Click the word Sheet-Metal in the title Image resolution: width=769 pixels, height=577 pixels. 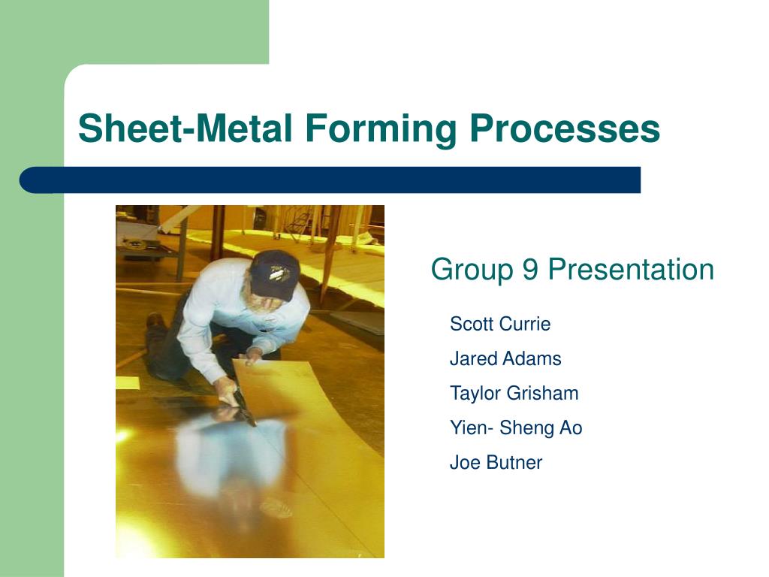tap(185, 128)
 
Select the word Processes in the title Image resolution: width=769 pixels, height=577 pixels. tap(565, 128)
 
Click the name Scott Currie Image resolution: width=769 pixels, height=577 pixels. tap(500, 324)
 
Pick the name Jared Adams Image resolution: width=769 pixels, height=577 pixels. tap(505, 358)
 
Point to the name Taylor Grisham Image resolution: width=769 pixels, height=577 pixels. tap(514, 393)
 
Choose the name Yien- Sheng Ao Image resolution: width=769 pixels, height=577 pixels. tap(516, 427)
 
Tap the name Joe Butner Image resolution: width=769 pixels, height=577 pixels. tap(496, 462)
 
